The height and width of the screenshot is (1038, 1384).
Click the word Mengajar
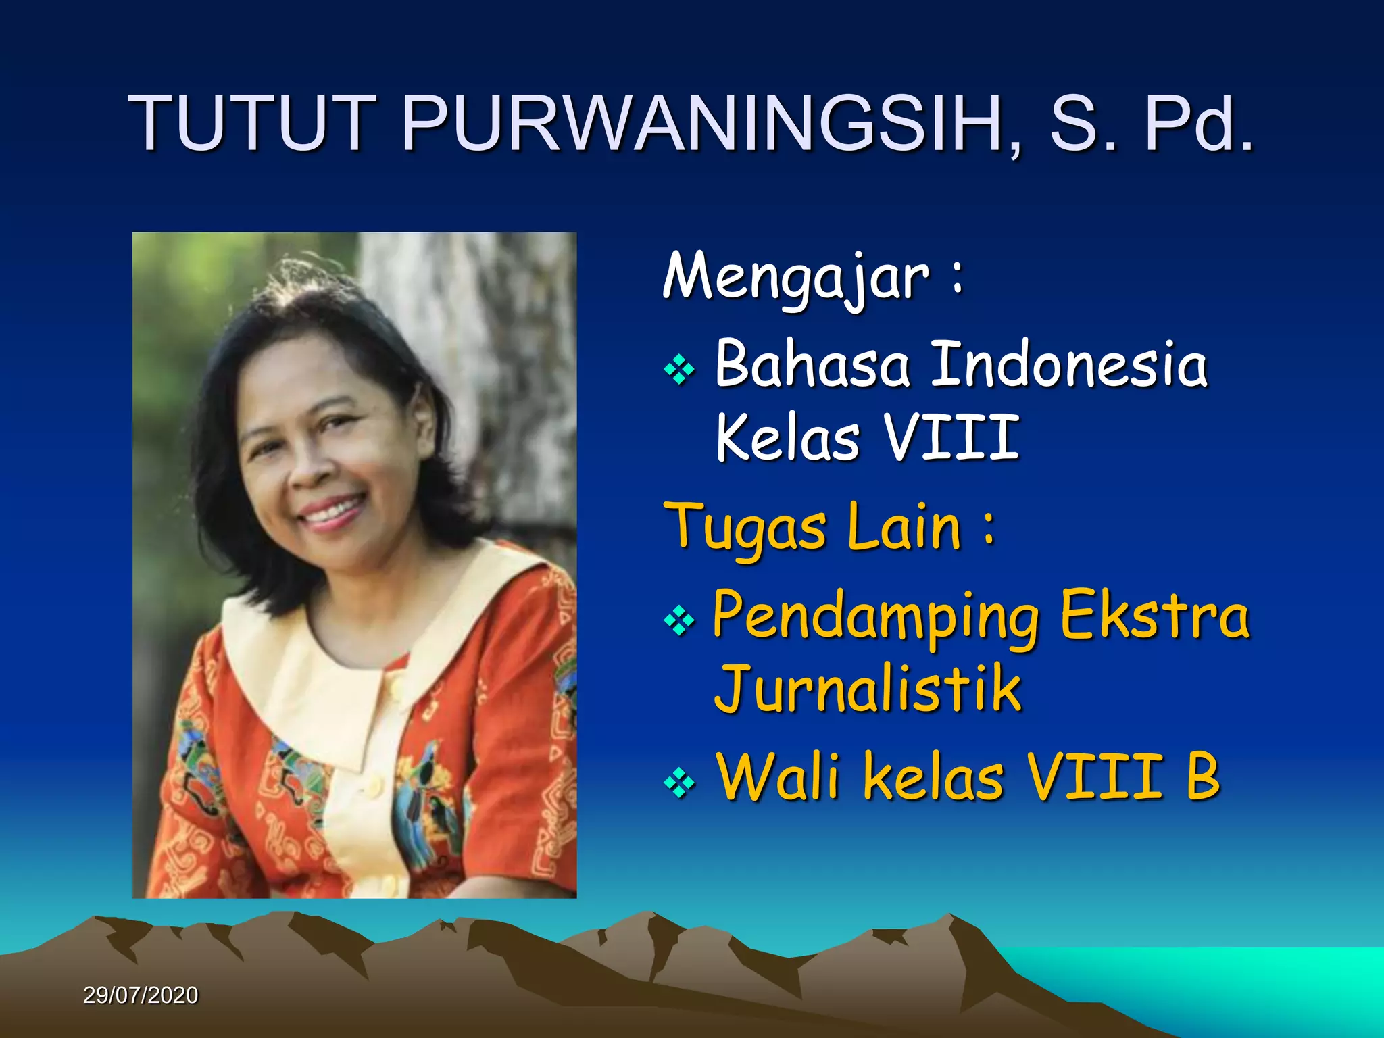(796, 277)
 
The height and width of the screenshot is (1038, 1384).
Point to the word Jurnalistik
(868, 689)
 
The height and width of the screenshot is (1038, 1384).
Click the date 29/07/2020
(141, 995)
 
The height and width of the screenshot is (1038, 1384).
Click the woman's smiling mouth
(331, 512)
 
